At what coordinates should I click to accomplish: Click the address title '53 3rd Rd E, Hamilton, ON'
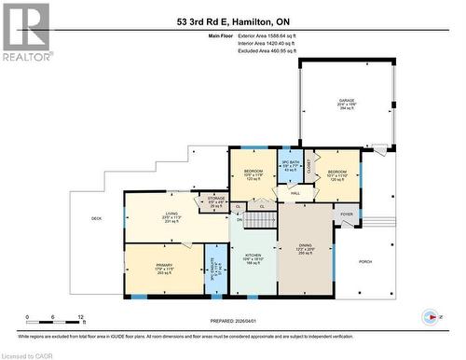(x=232, y=20)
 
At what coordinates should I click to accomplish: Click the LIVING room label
(x=171, y=216)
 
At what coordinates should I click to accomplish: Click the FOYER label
(x=347, y=214)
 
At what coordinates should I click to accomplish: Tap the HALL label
(x=295, y=193)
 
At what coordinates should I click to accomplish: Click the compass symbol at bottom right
(x=431, y=315)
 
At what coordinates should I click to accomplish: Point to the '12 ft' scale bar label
(x=81, y=317)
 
